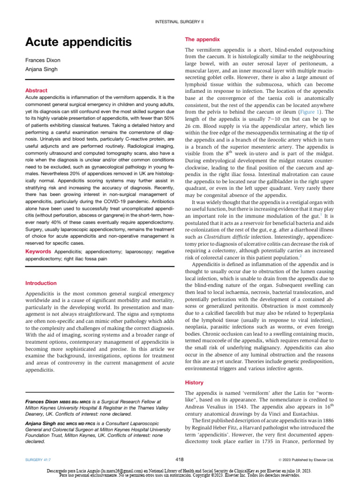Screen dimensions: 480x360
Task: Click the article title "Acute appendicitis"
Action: [x=78, y=43]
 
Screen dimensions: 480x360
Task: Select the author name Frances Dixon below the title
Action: [x=43, y=60]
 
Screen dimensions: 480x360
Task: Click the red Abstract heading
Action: [x=37, y=90]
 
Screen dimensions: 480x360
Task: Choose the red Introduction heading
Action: [x=41, y=283]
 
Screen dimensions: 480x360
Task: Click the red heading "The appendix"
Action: [x=202, y=40]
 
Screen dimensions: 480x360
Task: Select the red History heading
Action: [x=195, y=382]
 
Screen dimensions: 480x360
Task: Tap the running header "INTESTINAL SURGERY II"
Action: [x=180, y=22]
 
